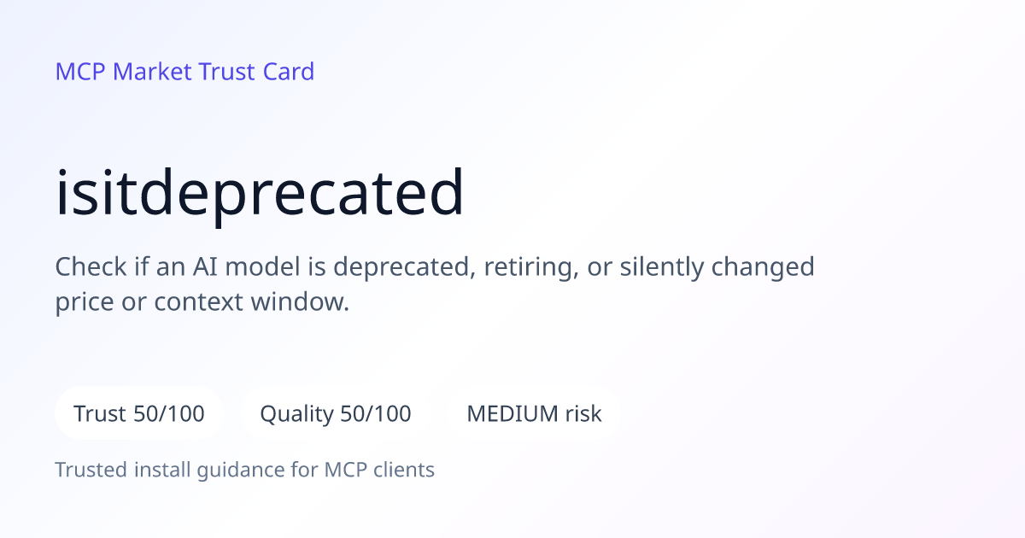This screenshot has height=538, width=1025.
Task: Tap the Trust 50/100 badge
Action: tap(139, 413)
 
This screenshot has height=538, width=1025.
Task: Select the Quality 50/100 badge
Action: tap(336, 413)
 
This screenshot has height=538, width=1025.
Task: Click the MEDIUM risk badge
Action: tap(534, 413)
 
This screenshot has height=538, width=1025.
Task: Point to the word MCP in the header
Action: tap(80, 72)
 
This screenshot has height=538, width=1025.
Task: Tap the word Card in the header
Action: tap(289, 72)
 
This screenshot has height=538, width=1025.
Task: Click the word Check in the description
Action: tap(91, 266)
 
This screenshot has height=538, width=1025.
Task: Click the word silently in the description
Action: tap(662, 267)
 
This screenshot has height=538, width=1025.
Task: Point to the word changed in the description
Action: tap(763, 267)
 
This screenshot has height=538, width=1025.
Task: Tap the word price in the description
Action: tap(85, 303)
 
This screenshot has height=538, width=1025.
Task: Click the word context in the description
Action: tap(198, 302)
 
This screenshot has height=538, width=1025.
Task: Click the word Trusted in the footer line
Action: tap(91, 470)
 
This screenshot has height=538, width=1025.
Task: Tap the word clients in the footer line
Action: tap(403, 470)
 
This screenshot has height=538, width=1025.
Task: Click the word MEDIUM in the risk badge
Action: tap(512, 413)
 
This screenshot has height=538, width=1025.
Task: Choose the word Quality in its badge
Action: tap(297, 415)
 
